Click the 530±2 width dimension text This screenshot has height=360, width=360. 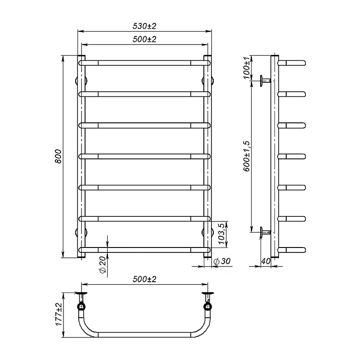coord(144,26)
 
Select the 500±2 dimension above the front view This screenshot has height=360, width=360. coord(144,39)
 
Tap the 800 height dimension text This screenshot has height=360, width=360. coord(58,156)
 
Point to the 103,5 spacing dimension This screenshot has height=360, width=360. coord(221,234)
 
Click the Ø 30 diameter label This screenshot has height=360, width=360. coord(222,261)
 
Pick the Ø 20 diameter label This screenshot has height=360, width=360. coord(103,265)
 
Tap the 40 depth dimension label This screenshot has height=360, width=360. coord(266,261)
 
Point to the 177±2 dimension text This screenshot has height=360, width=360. coord(59,314)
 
